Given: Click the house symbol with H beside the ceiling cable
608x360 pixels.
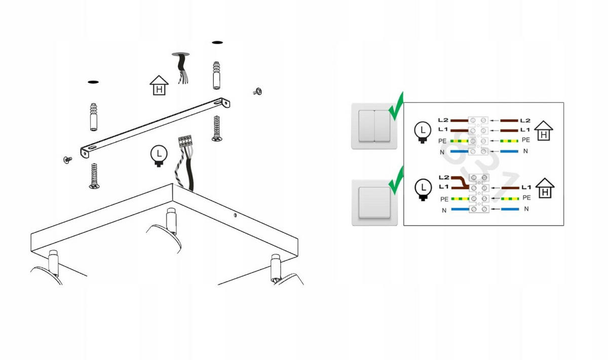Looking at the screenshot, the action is [x=159, y=85].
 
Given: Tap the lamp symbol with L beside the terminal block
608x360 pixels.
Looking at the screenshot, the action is [x=159, y=156].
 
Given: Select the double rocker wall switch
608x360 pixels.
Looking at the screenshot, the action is [x=374, y=126].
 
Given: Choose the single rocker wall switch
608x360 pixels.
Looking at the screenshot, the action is [x=374, y=203].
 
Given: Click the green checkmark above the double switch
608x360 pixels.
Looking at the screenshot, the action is [x=397, y=107].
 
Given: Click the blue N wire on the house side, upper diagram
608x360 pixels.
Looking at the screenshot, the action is [x=509, y=151].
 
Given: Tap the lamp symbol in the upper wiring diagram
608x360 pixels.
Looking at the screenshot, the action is [x=423, y=132].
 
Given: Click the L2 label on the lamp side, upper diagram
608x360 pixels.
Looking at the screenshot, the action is [x=443, y=120].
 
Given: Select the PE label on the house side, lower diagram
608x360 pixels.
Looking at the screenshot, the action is [x=526, y=198].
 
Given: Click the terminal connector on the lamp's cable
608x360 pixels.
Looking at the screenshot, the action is [x=185, y=141].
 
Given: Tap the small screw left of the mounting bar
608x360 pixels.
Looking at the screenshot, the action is [x=67, y=160].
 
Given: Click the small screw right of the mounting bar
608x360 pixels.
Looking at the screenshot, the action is [x=257, y=92].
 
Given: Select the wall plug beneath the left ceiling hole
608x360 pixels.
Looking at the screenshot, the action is [x=94, y=117].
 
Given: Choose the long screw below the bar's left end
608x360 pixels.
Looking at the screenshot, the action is [x=94, y=176].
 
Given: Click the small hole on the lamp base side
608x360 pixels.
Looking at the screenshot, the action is [x=235, y=215].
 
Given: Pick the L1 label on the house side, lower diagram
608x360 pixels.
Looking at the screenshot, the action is [x=526, y=187].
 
